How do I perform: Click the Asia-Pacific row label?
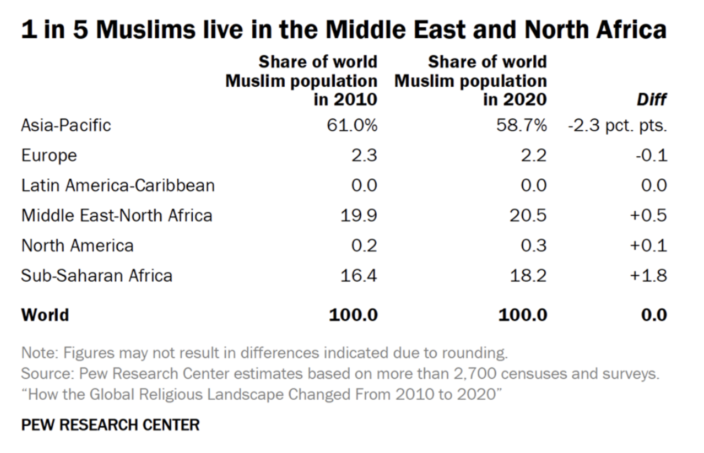pyautogui.click(x=66, y=125)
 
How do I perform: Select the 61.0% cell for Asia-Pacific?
pyautogui.click(x=352, y=125)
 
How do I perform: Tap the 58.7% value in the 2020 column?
pyautogui.click(x=521, y=125)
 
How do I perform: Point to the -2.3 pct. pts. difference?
pyautogui.click(x=617, y=125)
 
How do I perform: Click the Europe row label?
pyautogui.click(x=49, y=155)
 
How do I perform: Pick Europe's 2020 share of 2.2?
pyautogui.click(x=534, y=155)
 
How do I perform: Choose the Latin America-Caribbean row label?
pyautogui.click(x=118, y=185)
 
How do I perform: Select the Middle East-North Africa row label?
pyautogui.click(x=117, y=215)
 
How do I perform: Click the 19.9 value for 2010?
pyautogui.click(x=359, y=215)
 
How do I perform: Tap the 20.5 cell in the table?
pyautogui.click(x=528, y=215)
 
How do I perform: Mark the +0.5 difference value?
pyautogui.click(x=649, y=215)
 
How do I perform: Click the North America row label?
pyautogui.click(x=77, y=245)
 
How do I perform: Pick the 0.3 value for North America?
pyautogui.click(x=534, y=245)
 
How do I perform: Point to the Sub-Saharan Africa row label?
pyautogui.click(x=97, y=276)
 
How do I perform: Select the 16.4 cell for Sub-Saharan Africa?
pyautogui.click(x=359, y=276)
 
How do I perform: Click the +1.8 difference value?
pyautogui.click(x=649, y=276)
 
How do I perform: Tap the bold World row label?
pyautogui.click(x=45, y=315)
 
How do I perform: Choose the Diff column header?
pyautogui.click(x=652, y=99)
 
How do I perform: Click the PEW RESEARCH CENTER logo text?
pyautogui.click(x=110, y=425)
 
